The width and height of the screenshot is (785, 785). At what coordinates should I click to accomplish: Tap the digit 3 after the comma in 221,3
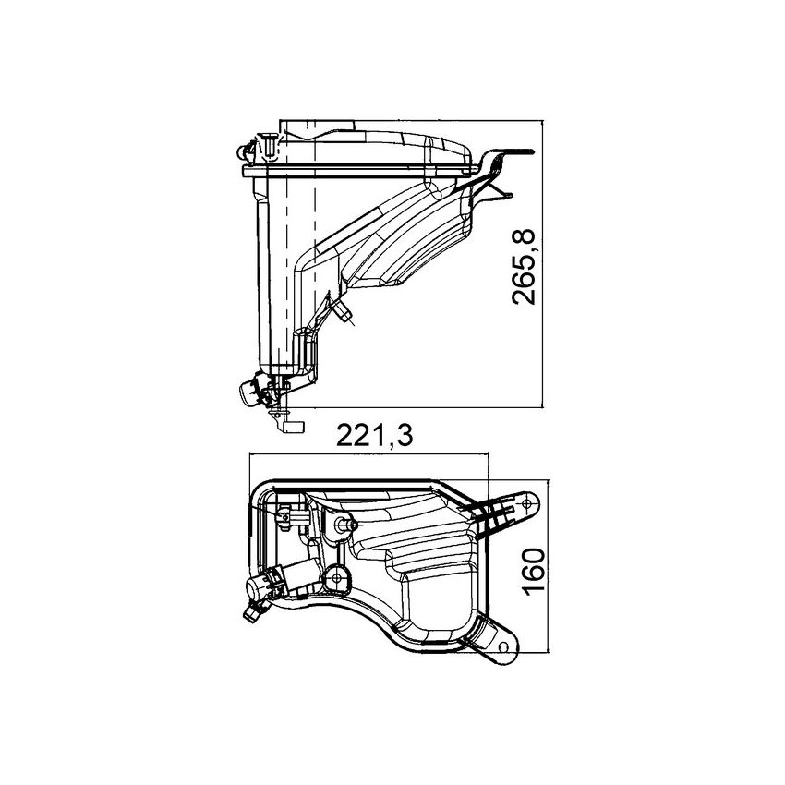click(x=403, y=435)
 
